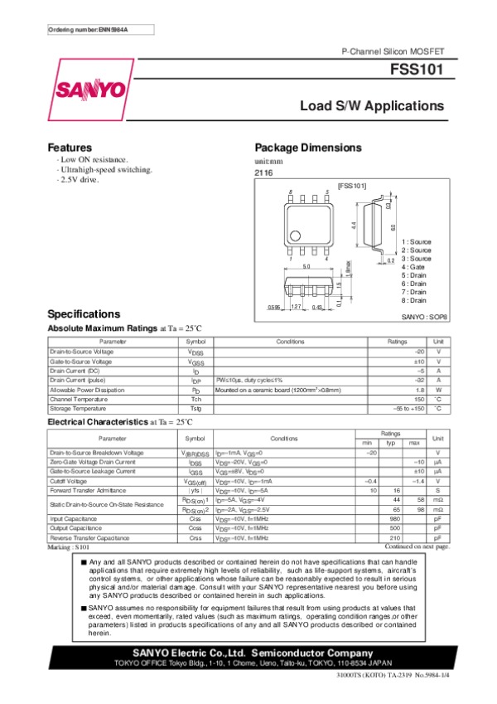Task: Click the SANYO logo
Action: [91, 89]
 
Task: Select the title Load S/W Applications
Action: [372, 106]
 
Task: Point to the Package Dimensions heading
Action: [308, 148]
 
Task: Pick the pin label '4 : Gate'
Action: [413, 267]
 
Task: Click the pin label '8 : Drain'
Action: [413, 300]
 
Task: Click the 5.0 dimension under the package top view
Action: [305, 266]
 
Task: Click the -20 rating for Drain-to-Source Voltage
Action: [419, 352]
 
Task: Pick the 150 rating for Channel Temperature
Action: [419, 399]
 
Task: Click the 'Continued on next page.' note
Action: [417, 546]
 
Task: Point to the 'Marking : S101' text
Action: [68, 547]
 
